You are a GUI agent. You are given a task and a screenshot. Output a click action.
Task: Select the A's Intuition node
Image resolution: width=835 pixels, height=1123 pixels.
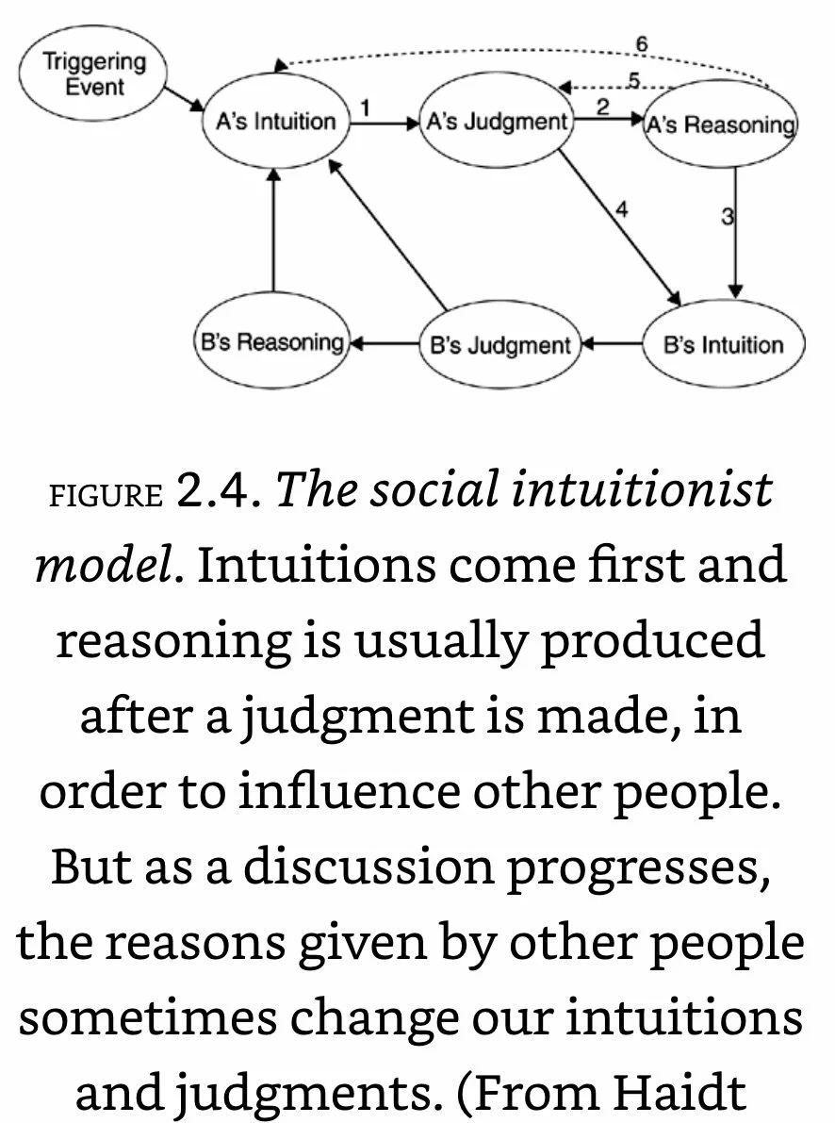pos(271,122)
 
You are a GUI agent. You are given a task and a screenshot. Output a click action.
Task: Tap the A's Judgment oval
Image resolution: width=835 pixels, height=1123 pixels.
pos(497,121)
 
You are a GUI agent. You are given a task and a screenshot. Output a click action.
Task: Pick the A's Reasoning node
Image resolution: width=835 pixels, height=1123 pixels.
pos(719,124)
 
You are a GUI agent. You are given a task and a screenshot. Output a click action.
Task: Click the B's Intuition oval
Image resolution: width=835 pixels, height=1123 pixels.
pos(723,344)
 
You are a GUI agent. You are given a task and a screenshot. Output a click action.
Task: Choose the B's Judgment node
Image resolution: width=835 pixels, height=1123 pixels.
pos(499,345)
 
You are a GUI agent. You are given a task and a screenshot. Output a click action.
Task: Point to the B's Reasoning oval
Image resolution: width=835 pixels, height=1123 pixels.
pos(271,342)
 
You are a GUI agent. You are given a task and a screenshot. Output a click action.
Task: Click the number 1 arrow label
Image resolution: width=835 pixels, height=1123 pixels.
pos(365,107)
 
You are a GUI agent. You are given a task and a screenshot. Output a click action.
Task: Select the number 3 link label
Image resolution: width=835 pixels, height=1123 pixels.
pos(727,217)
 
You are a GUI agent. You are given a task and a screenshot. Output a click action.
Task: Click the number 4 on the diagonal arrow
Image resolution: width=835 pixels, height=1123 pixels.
pos(621,209)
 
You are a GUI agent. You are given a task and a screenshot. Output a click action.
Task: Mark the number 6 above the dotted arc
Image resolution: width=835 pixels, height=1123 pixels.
pos(641,44)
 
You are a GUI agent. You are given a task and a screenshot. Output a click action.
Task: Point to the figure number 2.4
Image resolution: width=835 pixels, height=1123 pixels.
pos(216,490)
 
